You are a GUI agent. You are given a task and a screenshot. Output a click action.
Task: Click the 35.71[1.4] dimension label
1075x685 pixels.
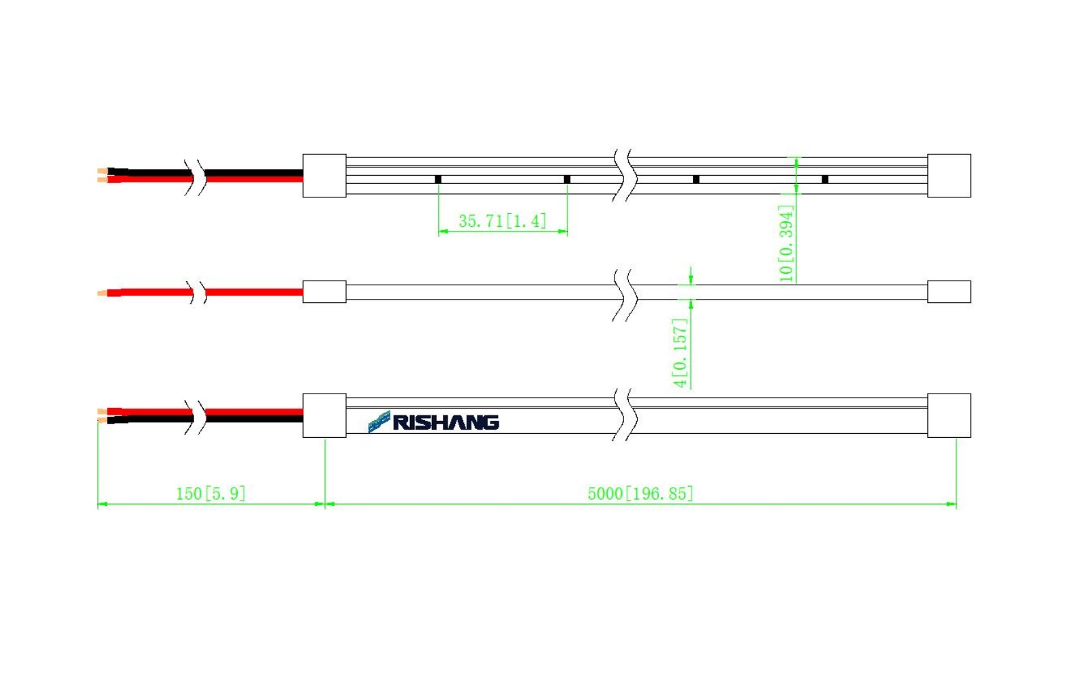click(x=503, y=221)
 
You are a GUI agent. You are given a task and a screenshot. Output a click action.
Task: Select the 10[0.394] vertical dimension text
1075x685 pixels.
click(x=786, y=242)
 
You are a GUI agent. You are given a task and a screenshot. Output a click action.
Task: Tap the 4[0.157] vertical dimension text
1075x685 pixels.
click(x=680, y=353)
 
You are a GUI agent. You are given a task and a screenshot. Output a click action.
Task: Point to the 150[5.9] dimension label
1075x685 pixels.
click(x=211, y=494)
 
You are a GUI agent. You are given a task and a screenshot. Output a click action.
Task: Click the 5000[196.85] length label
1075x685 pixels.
click(x=640, y=494)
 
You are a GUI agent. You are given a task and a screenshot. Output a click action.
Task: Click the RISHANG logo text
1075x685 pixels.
click(x=446, y=423)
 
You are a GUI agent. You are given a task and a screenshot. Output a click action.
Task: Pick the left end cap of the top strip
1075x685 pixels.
click(x=324, y=176)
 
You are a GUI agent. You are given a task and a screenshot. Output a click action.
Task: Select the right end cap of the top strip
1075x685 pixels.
click(x=949, y=176)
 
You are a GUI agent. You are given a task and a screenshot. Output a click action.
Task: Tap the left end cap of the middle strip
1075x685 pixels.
click(x=324, y=291)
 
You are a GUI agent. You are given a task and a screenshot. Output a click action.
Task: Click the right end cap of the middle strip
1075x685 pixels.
click(x=949, y=291)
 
